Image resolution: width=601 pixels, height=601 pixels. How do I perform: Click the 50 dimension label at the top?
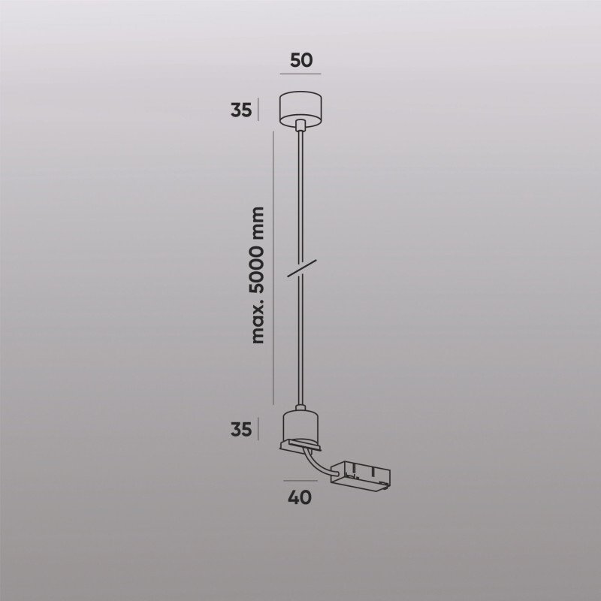(300, 61)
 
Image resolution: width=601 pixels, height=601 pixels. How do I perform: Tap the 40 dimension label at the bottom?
(300, 497)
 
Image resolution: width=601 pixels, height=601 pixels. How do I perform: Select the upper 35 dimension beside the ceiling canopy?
(240, 110)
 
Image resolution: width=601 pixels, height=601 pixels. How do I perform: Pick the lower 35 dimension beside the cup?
(240, 430)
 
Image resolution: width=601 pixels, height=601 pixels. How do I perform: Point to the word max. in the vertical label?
(259, 327)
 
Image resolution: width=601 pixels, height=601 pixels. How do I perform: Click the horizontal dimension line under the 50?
(300, 74)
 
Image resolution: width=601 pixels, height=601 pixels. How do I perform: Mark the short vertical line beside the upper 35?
(259, 110)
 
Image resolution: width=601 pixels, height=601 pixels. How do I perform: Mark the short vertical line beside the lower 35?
(259, 430)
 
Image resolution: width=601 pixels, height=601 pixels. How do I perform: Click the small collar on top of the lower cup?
(300, 411)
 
